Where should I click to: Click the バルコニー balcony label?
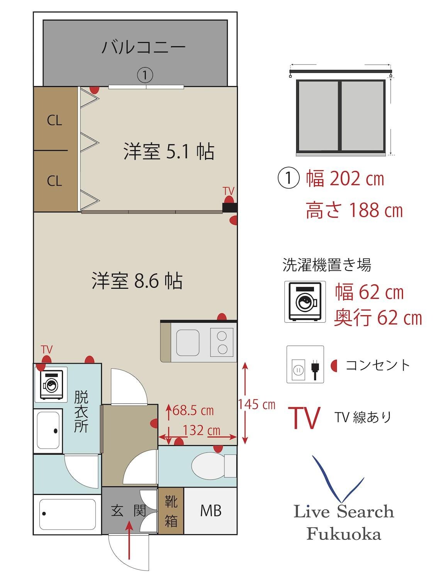(144, 47)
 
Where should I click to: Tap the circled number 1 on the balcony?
(145, 75)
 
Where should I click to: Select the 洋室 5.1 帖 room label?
(169, 151)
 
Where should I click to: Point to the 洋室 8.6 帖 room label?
(137, 281)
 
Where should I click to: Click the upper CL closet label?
(54, 120)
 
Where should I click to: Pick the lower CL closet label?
(54, 181)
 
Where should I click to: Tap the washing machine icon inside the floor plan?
(51, 384)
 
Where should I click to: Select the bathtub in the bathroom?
(68, 515)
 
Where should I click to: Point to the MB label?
(211, 510)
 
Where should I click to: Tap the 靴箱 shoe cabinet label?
(171, 511)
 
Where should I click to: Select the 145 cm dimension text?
(256, 405)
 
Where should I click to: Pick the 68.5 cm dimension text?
(193, 410)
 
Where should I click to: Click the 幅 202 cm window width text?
(345, 179)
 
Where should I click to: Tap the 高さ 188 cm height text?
(354, 211)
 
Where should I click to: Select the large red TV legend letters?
(306, 418)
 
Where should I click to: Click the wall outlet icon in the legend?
(305, 365)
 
